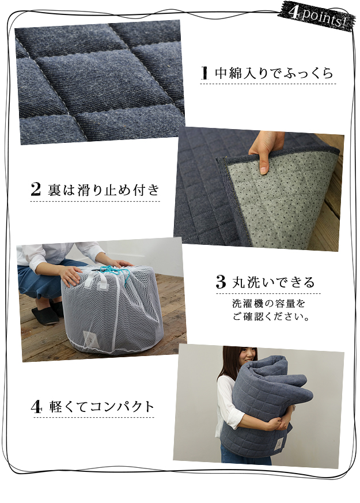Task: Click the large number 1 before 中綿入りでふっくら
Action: click(204, 73)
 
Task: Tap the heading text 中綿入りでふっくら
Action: click(274, 73)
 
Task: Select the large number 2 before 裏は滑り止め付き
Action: click(36, 189)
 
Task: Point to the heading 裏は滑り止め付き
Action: click(103, 190)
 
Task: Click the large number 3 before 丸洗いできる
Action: click(221, 282)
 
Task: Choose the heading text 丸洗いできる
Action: click(274, 282)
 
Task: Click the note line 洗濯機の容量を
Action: click(268, 304)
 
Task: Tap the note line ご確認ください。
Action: click(271, 317)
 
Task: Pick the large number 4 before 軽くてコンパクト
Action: click(36, 407)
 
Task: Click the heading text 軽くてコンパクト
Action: click(102, 407)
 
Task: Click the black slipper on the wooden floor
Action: click(45, 315)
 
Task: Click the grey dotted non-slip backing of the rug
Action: click(282, 199)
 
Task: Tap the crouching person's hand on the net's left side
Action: click(70, 276)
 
